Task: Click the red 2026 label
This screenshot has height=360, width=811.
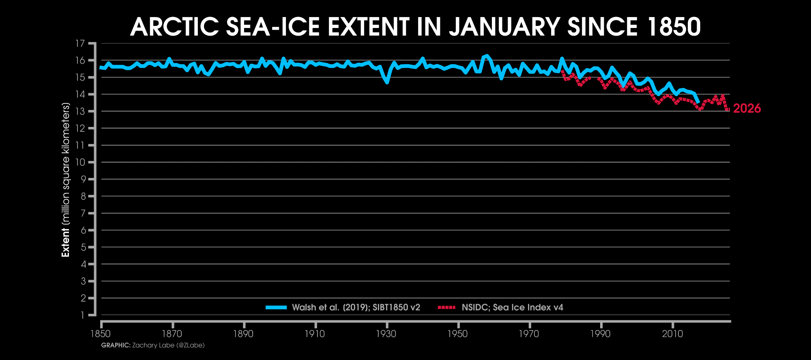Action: pos(747,109)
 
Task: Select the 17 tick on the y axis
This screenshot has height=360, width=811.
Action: pos(80,43)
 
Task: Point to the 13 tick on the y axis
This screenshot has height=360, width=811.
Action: pos(80,111)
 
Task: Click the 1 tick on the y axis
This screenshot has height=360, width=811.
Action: pos(83,315)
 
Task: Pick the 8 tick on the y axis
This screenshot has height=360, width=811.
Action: pos(83,196)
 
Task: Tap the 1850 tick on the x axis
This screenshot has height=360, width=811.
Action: pos(101,334)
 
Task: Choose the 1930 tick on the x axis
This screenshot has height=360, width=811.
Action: pos(386,334)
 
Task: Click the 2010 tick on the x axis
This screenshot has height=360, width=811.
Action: pos(672,334)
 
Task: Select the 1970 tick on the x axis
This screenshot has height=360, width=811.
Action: pos(529,334)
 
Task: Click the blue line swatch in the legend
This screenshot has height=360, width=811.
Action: pos(276,307)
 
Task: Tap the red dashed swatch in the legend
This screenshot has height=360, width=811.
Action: pos(446,307)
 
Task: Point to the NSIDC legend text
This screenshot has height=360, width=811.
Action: pos(476,307)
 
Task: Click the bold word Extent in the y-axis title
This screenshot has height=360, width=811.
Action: pos(65,242)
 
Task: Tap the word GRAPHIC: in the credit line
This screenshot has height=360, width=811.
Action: pos(116,345)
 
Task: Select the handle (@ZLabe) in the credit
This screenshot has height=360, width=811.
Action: pos(191,345)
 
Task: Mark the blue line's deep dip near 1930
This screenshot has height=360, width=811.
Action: pos(387,82)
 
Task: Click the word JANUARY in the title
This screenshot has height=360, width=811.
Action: pos(504,27)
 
